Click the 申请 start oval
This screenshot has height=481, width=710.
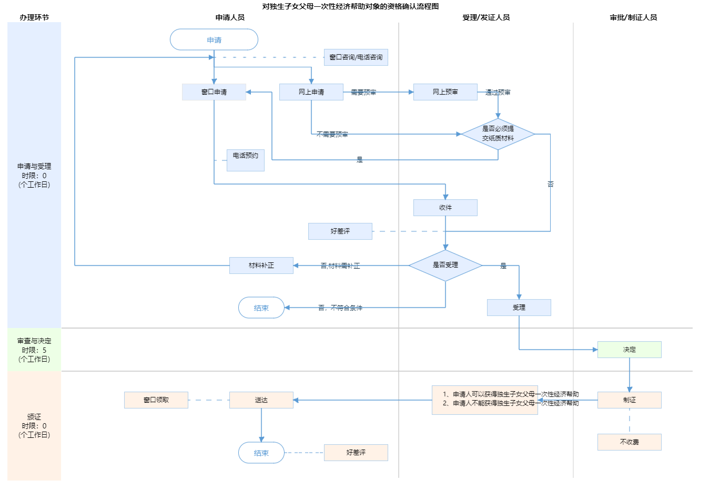point(214,40)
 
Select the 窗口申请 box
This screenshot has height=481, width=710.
point(214,92)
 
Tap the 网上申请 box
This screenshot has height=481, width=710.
point(311,92)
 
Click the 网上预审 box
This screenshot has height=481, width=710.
point(445,92)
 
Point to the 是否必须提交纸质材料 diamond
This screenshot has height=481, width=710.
point(498,134)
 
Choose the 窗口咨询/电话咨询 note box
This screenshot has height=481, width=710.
point(356,57)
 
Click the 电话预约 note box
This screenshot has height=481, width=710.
point(246,160)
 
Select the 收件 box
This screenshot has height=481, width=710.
point(445,208)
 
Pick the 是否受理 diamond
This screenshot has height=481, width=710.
point(445,265)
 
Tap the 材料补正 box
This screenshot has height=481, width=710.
point(261,265)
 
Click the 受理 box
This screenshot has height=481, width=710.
point(519,308)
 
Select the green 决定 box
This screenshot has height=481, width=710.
point(630,350)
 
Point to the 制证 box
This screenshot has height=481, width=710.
point(630,400)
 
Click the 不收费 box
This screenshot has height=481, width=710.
point(630,442)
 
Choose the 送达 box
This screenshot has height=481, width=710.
point(261,400)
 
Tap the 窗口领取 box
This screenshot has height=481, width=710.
point(156,400)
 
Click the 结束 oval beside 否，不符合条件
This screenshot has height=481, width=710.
point(261,308)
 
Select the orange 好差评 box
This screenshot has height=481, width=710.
point(356,453)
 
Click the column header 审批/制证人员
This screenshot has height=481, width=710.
point(633,17)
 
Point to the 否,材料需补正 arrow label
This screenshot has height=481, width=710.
point(340,266)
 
